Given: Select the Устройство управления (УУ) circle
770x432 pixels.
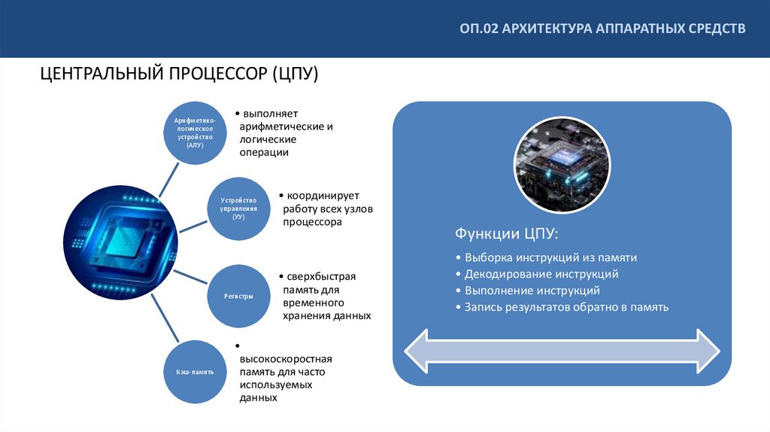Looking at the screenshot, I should (x=238, y=208).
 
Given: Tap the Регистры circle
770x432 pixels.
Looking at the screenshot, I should (x=238, y=296).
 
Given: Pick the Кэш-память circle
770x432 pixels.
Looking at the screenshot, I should (x=194, y=372).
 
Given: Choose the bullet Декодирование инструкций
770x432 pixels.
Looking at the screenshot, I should (x=541, y=274).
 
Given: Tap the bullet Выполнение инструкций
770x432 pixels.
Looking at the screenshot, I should (x=532, y=291).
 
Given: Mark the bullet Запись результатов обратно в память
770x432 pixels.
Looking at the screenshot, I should (x=565, y=307).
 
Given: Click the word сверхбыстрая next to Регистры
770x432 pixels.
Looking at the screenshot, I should (x=317, y=276).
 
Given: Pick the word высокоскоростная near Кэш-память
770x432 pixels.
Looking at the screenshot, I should (x=286, y=359).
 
